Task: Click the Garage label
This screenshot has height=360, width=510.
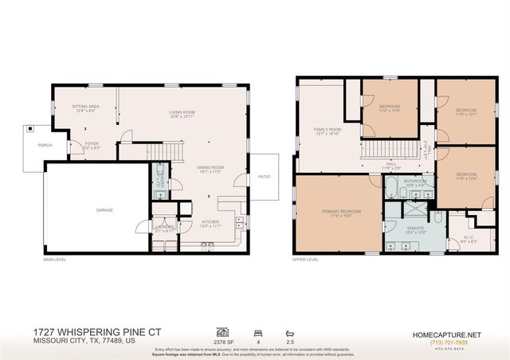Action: [x=104, y=210]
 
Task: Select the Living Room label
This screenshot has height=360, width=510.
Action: [x=182, y=114]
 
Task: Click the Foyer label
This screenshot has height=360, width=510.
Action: [x=91, y=146]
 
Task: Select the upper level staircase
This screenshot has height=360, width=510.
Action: [x=390, y=149]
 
